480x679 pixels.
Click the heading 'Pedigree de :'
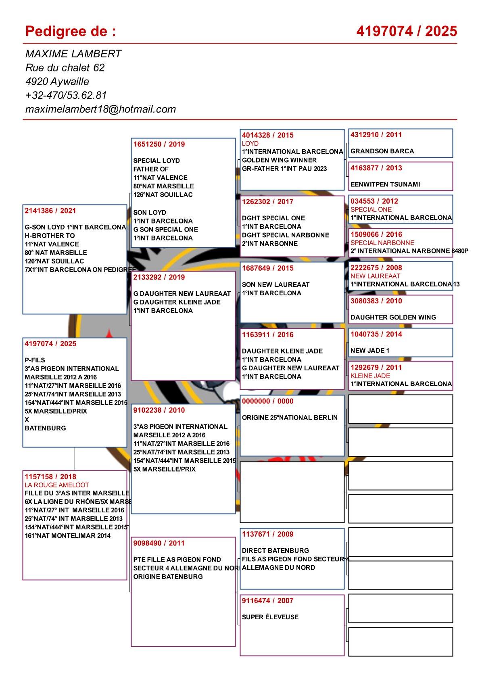point(71,31)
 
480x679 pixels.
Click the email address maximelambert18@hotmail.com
point(100,109)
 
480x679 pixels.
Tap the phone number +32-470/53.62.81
point(66,95)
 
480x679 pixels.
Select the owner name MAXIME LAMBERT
point(73,54)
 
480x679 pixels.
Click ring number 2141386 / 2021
point(50,211)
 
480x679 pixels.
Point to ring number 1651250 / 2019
point(159,144)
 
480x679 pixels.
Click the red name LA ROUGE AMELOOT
point(57,485)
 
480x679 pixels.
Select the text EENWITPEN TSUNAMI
point(385,184)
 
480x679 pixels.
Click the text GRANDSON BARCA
point(382,151)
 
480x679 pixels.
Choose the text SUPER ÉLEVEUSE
point(270,617)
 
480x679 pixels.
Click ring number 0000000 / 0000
point(268,401)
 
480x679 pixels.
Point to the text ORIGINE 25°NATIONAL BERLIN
point(290,418)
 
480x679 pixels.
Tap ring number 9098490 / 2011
point(159,543)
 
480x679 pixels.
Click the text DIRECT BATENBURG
point(275,550)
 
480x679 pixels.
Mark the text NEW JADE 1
point(370,351)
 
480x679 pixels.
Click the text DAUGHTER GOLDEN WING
point(393,318)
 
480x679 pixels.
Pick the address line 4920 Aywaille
point(57,81)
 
